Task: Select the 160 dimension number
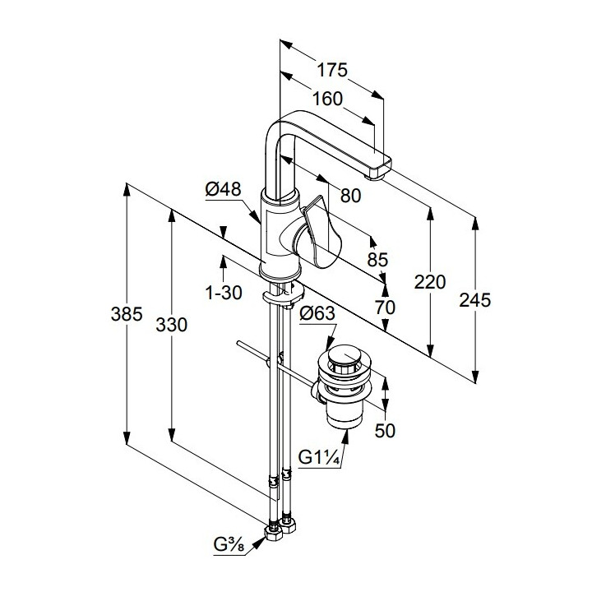click(327, 99)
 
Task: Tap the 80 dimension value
click(350, 196)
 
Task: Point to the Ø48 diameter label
click(223, 190)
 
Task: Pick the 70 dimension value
click(384, 308)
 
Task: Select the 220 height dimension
click(430, 283)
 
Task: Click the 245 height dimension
click(474, 301)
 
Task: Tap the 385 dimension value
click(127, 314)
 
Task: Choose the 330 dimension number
click(172, 325)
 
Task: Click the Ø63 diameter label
click(317, 313)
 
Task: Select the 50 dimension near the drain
click(385, 431)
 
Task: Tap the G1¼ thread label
click(321, 457)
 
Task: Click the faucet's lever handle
click(322, 237)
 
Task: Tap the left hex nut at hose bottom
click(272, 533)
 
